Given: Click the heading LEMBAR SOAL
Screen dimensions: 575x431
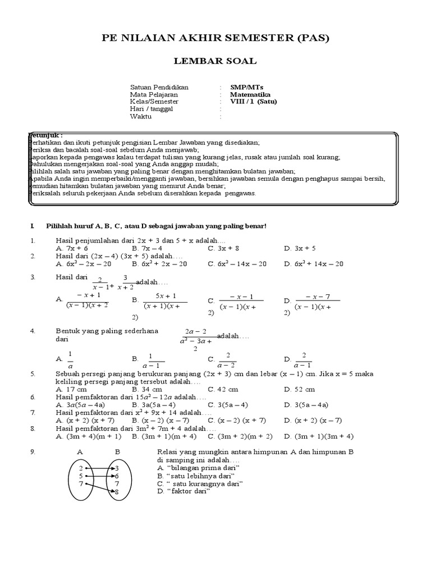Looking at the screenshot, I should [x=215, y=61].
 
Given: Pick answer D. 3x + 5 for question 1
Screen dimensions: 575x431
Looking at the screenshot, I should [x=300, y=247].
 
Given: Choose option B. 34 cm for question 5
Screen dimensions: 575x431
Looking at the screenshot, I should [x=147, y=389].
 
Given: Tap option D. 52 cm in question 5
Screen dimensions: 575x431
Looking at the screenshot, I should [x=300, y=389].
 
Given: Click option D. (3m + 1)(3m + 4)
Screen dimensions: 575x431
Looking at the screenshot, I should [x=318, y=435].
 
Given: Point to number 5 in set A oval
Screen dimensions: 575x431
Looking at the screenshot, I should [x=81, y=475].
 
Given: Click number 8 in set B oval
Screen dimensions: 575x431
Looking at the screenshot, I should [x=117, y=491].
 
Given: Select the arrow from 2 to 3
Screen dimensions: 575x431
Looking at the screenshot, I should [x=99, y=467].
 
